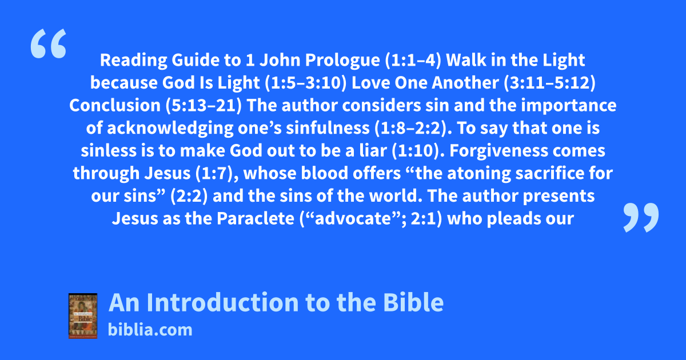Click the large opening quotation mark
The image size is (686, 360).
point(49,43)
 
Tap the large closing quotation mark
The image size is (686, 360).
point(641,217)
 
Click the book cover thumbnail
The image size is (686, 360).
point(83,316)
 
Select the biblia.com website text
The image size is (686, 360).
point(150,330)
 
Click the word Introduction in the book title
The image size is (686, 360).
point(222,302)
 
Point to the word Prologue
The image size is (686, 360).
point(342,61)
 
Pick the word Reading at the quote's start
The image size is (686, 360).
point(134,61)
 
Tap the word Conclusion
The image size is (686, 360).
point(115,105)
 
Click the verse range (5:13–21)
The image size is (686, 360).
point(204,105)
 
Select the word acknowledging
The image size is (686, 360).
point(170,128)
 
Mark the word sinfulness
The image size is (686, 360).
point(328,128)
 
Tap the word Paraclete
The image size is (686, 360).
point(256,218)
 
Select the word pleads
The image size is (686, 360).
point(515,218)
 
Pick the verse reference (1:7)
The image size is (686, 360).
point(217,173)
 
